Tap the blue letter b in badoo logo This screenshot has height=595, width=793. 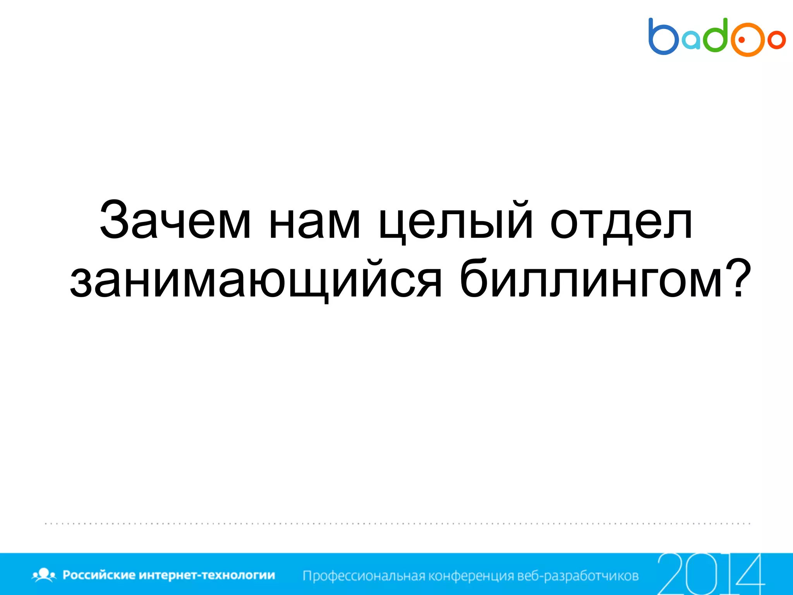[663, 37]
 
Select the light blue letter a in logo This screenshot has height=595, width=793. [691, 41]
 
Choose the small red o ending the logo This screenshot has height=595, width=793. [777, 40]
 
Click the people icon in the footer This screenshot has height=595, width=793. [44, 575]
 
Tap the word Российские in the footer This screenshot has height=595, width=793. [99, 575]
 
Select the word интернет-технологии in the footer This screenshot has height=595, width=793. [207, 575]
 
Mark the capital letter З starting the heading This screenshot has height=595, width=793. [114, 220]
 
